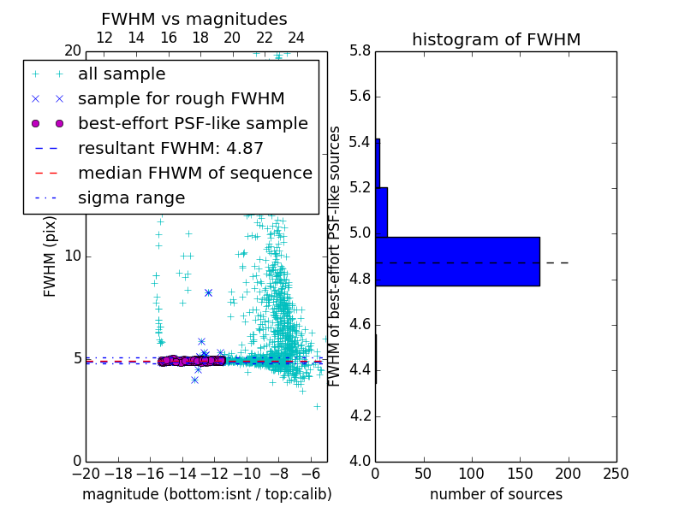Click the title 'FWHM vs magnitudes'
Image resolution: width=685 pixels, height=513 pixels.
tap(194, 19)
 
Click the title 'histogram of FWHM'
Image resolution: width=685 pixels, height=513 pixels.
tap(496, 39)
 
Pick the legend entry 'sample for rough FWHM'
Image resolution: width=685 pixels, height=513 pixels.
tap(181, 99)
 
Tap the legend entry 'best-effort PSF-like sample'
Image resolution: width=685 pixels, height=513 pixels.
tap(193, 124)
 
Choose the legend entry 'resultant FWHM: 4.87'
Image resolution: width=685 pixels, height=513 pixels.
tap(170, 149)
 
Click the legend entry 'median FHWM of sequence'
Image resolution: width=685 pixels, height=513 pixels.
tap(194, 174)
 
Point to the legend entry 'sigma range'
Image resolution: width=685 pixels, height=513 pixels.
tap(131, 198)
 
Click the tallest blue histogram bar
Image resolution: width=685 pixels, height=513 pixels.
tap(458, 261)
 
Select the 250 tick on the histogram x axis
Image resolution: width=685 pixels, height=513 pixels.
tap(616, 474)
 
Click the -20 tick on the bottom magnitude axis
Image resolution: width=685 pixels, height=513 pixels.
tap(86, 474)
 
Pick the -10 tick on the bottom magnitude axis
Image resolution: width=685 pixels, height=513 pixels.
tap(247, 474)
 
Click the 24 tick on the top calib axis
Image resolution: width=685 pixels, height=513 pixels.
tap(296, 38)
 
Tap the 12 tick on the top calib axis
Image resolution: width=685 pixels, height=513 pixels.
tap(104, 38)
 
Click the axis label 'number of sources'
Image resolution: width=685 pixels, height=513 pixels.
tap(496, 494)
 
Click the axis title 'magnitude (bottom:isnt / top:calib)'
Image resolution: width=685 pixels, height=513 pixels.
tap(206, 494)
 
